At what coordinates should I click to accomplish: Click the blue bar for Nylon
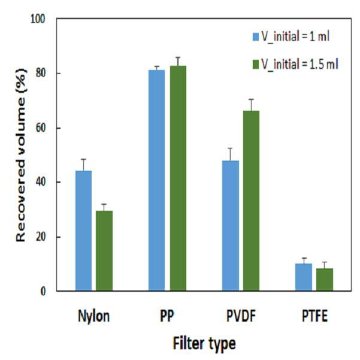[x=84, y=231]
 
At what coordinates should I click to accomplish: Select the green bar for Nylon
[x=104, y=251]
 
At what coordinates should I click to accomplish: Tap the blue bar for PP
[x=156, y=180]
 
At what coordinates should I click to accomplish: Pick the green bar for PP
[x=178, y=179]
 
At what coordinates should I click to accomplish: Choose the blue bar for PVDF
[x=230, y=226]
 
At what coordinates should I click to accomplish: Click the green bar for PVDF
[x=252, y=201]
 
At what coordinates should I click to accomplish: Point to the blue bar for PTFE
[x=304, y=277]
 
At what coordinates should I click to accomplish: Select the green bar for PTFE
[x=325, y=280]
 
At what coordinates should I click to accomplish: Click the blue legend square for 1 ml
[x=256, y=37]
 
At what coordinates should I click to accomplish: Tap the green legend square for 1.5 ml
[x=256, y=64]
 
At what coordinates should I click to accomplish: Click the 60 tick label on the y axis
[x=41, y=128]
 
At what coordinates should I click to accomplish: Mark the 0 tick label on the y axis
[x=43, y=291]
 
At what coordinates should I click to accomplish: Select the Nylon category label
[x=94, y=316]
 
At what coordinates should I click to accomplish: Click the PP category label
[x=167, y=316]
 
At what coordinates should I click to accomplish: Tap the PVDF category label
[x=241, y=316]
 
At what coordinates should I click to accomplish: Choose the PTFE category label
[x=314, y=316]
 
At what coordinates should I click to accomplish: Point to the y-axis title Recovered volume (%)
[x=21, y=155]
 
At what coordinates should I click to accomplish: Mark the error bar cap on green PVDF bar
[x=252, y=99]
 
